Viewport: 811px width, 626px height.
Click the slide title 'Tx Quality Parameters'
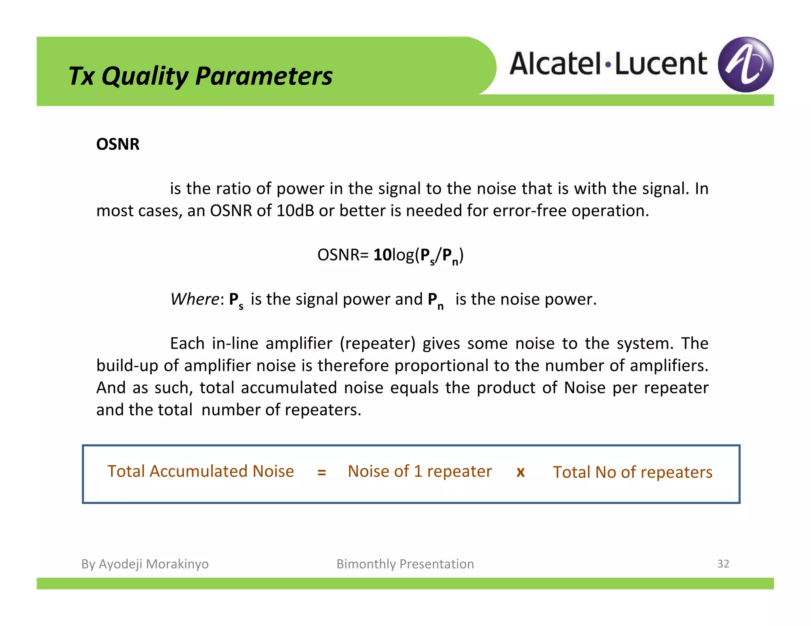pos(200,76)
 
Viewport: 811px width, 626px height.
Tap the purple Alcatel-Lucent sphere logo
pos(745,64)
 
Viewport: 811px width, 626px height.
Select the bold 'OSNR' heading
pos(118,144)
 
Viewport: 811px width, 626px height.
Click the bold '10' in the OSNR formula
pos(382,255)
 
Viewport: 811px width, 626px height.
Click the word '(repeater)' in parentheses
pos(377,343)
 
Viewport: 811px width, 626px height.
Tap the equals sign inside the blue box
pos(322,472)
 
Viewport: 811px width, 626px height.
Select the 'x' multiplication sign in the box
pos(520,472)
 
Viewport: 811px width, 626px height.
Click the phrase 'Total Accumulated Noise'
pos(200,471)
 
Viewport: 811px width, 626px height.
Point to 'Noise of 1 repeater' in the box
pos(420,471)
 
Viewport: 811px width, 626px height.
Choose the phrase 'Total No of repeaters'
pos(632,472)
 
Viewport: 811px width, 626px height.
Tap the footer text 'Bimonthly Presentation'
pos(405,564)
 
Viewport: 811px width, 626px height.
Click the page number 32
pos(723,563)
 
